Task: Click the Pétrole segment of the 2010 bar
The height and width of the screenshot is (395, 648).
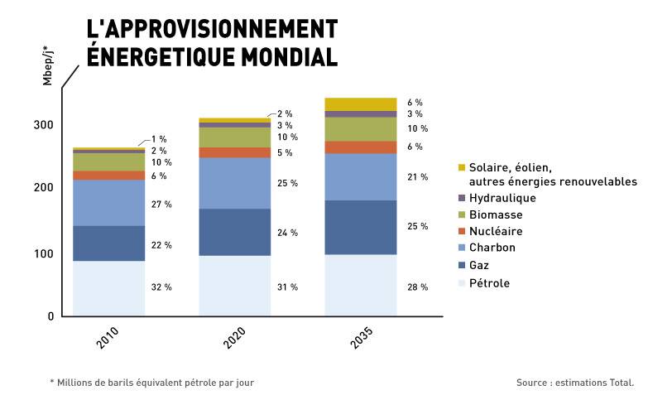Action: click(x=108, y=288)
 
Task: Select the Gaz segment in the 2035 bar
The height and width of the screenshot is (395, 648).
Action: click(x=360, y=227)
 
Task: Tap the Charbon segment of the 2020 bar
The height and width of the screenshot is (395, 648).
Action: click(x=234, y=183)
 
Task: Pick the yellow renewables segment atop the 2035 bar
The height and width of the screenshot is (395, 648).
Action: click(x=360, y=104)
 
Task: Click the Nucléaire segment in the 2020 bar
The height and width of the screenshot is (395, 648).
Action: click(x=234, y=152)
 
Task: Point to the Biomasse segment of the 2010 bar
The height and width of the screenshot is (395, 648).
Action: click(x=108, y=162)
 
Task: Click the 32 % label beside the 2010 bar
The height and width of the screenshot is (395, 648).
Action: click(x=161, y=287)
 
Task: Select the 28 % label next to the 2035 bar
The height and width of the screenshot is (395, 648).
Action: click(x=417, y=287)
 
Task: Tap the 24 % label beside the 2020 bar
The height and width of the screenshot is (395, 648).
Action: click(x=287, y=233)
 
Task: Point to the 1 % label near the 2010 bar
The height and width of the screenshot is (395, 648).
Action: click(x=159, y=139)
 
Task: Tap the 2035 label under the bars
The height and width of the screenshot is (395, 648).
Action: click(x=361, y=340)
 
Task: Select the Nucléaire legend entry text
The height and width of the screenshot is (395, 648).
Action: click(x=496, y=231)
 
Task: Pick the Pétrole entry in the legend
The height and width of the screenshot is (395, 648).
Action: click(x=489, y=283)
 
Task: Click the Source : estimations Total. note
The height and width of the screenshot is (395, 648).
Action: click(x=574, y=383)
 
